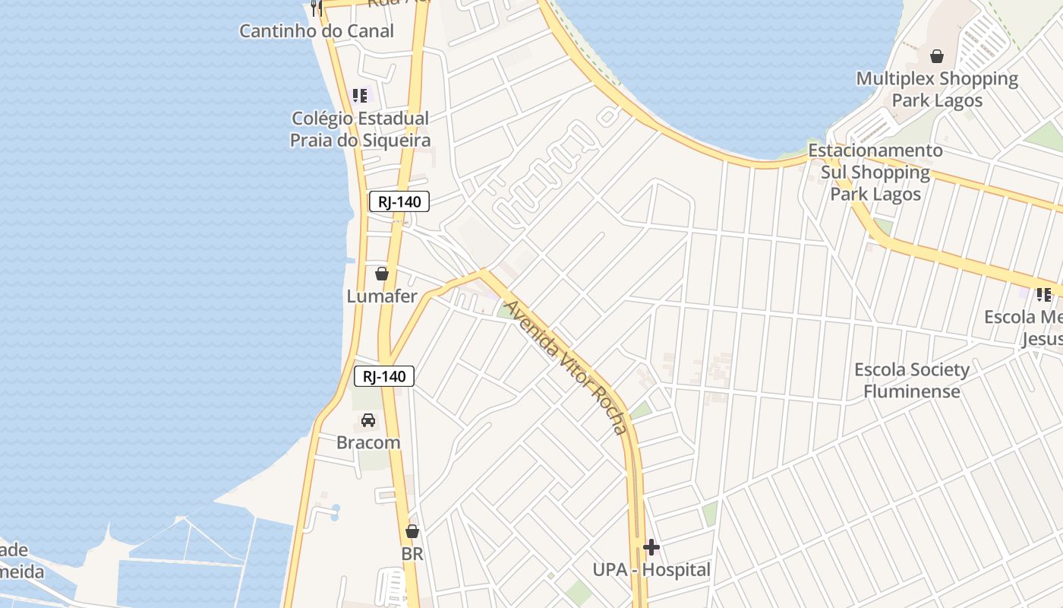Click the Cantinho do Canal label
pos(317,31)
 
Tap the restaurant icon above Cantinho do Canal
pos(317,8)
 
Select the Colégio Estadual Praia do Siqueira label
pos(360,129)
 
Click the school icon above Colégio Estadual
pos(360,96)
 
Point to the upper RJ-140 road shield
pos(399,201)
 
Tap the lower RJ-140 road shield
pos(384,376)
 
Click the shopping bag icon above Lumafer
pos(382,274)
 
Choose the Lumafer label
pos(382,296)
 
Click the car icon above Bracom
pos(368,420)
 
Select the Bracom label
pos(368,442)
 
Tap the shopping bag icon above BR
pos(412,531)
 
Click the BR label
pos(412,554)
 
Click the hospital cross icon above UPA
pos(651,546)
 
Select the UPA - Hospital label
pos(651,569)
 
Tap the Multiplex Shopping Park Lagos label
pos(937,89)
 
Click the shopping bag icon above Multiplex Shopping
pos(937,56)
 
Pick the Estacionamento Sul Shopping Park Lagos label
pos(875,172)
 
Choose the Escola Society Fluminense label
pos(912,380)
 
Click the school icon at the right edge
pos(1044,294)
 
